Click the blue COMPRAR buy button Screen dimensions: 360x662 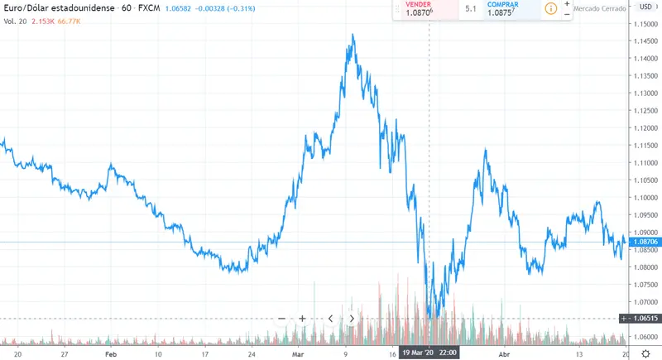(x=507, y=8)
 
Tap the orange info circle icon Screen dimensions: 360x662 (x=550, y=8)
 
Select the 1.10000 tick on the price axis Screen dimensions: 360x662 (x=644, y=198)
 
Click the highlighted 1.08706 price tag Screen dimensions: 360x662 (x=644, y=242)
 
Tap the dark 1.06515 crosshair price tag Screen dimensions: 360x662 (x=644, y=318)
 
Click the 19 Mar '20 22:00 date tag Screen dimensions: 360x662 (x=429, y=352)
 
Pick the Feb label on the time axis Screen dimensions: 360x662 (x=112, y=352)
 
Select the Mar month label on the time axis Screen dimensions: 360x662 (x=298, y=352)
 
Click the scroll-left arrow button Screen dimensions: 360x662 (x=330, y=318)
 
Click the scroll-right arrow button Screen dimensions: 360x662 (x=352, y=318)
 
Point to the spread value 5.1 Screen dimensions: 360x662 (x=471, y=8)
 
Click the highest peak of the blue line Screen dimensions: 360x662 (x=353, y=35)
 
